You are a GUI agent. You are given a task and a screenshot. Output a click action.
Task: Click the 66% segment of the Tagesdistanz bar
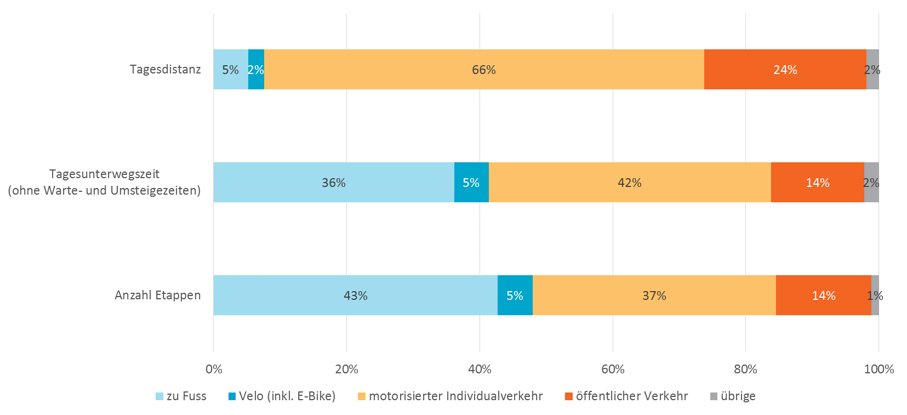tap(484, 70)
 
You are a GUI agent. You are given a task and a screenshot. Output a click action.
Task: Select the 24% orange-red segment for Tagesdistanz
tap(785, 70)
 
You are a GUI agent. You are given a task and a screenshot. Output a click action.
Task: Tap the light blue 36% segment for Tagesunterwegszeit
tap(333, 183)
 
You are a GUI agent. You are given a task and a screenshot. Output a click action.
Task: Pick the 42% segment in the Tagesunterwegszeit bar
tap(629, 183)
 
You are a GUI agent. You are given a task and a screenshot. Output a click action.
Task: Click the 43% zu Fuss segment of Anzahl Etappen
tap(355, 295)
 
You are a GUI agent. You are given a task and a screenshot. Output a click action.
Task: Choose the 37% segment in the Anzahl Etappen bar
tap(654, 295)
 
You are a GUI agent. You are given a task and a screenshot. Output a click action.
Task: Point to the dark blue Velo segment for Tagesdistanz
tap(256, 70)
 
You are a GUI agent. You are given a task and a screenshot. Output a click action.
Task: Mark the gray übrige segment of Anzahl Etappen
tap(875, 295)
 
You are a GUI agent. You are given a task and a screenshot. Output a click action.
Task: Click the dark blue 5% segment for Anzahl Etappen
tap(515, 295)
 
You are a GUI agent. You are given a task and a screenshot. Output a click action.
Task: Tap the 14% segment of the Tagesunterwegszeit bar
tap(817, 183)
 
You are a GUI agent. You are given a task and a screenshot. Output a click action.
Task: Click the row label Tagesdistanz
tap(165, 70)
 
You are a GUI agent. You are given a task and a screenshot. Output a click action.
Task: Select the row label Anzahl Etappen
tap(158, 295)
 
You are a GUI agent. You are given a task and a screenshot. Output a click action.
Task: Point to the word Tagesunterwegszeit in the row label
tap(104, 174)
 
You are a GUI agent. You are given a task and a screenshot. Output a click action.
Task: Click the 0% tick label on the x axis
tap(214, 369)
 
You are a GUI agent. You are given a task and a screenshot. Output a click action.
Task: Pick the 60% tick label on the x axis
tap(613, 369)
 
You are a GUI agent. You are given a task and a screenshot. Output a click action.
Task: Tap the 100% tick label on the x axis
tap(879, 369)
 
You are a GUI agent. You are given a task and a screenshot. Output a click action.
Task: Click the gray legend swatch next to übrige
tap(714, 396)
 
